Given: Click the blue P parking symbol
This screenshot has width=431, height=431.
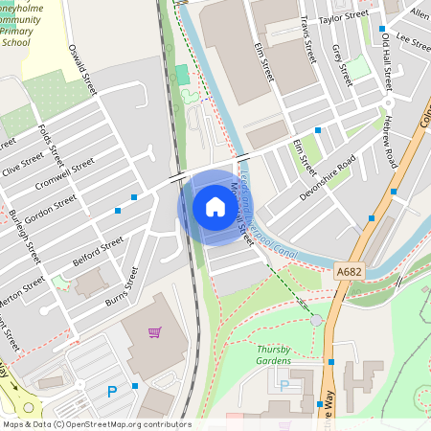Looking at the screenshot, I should point(112,391).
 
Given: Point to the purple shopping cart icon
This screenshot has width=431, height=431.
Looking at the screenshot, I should point(154,332).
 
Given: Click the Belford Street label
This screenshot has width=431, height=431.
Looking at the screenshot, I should point(98,252).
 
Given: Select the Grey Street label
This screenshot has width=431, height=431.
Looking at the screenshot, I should point(341,59).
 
